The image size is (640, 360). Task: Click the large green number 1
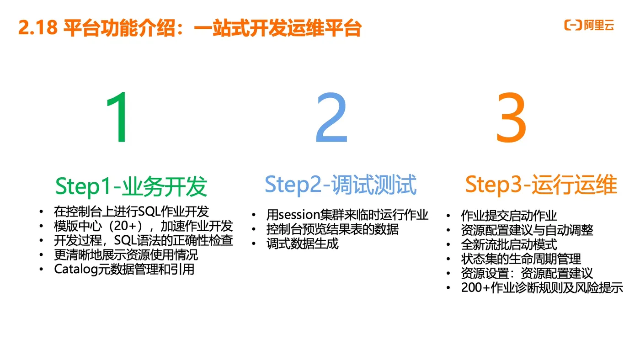(x=118, y=118)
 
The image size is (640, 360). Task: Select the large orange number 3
(x=511, y=118)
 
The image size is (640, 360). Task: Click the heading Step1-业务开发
(x=131, y=186)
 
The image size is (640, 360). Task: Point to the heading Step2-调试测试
(x=341, y=185)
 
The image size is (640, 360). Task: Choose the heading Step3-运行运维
(x=541, y=185)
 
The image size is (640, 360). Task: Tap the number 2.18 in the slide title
(x=38, y=28)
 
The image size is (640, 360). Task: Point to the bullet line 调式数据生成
(x=302, y=244)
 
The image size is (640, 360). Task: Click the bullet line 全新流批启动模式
(x=509, y=244)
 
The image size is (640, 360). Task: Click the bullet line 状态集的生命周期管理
(x=521, y=259)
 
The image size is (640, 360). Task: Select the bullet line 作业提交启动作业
(x=509, y=216)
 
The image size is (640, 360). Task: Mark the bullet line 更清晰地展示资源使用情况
(x=126, y=255)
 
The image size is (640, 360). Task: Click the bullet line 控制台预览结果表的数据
(x=332, y=229)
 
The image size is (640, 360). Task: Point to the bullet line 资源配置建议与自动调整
(x=527, y=230)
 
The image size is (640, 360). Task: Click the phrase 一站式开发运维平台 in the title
(x=277, y=28)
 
